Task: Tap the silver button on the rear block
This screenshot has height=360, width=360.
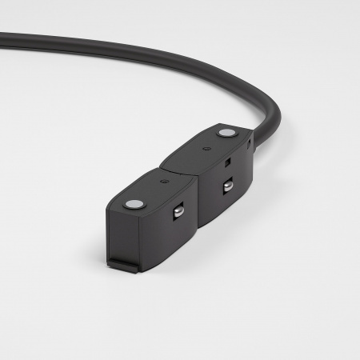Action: (227, 132)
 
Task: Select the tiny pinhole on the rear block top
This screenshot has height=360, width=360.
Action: (207, 149)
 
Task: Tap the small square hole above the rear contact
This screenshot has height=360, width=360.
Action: (227, 162)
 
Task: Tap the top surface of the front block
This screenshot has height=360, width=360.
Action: (152, 192)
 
